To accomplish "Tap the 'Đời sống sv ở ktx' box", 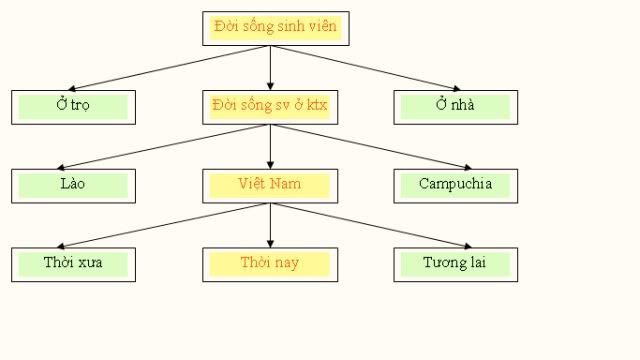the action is coord(270,106).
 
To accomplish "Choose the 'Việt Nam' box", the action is coord(270,185).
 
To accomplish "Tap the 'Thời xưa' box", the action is coord(73,264).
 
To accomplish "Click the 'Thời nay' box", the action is coord(270,264).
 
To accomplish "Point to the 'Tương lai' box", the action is coord(455,264).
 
